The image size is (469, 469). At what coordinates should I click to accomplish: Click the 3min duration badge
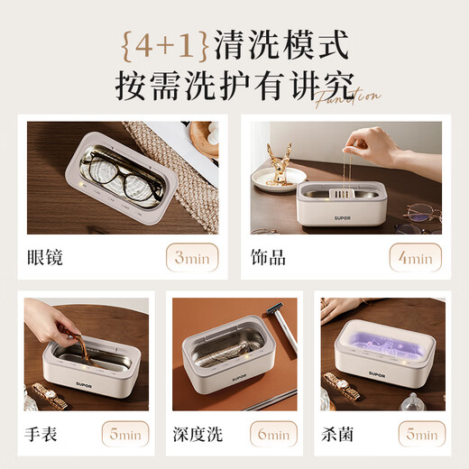[x=191, y=258]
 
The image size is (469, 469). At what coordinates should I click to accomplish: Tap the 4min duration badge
[x=416, y=258]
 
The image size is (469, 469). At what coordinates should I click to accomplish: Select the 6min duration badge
[x=271, y=435]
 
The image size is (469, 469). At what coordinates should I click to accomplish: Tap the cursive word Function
[x=347, y=97]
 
